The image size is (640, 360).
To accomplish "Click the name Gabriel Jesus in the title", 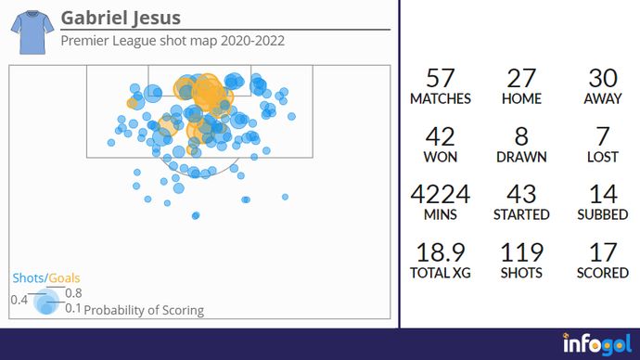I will coord(121,19).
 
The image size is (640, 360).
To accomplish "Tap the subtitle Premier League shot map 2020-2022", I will coord(172,41).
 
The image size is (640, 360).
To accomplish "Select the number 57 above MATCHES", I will coord(440,79).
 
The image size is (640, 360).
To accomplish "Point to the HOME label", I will coord(521,98).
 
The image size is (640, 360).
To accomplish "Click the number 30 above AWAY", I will coord(603,79).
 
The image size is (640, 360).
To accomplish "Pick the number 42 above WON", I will coord(440,138).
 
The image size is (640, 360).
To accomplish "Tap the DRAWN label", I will coord(521,158).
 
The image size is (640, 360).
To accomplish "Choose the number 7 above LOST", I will coord(603,138).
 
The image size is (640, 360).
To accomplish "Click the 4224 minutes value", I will coord(440,195).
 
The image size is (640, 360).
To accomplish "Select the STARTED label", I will coord(521,214).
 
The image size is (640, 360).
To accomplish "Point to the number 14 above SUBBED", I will coord(603,195).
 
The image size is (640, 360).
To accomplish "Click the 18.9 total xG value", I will coord(440,253).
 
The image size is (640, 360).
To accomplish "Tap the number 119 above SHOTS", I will coord(521,253).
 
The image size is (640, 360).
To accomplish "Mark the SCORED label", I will coord(603,273).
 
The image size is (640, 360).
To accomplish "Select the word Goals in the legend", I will coord(64,278).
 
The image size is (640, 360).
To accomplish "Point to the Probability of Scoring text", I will coord(144,310).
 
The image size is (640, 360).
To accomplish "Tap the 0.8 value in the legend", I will coord(73,293).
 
